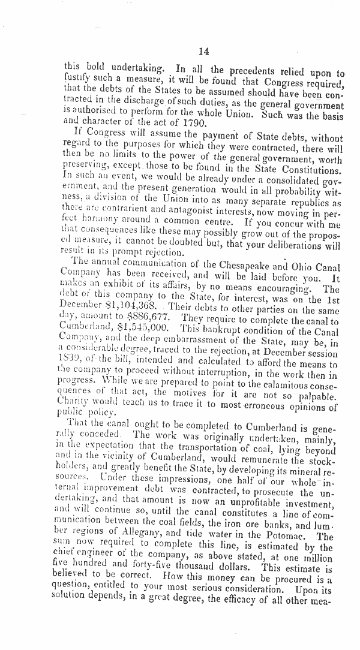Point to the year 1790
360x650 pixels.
[193, 124]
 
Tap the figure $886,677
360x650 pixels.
[140, 315]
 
